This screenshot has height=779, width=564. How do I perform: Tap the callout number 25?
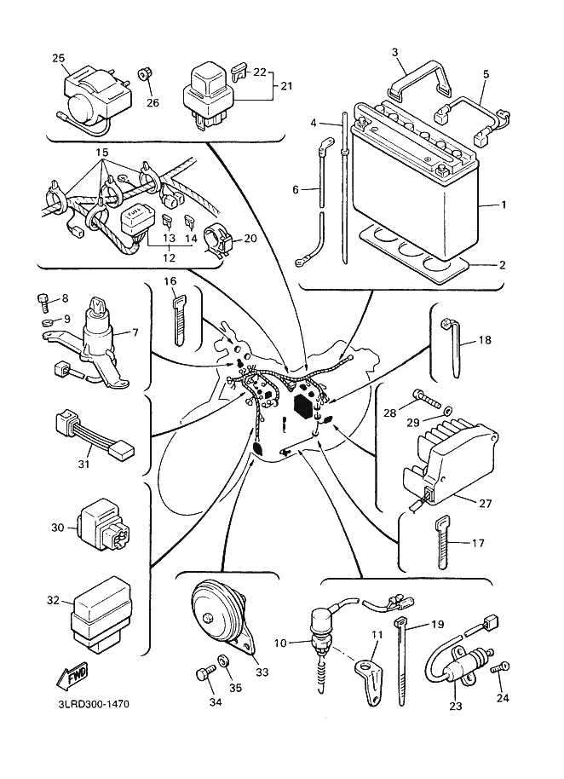pyautogui.click(x=58, y=58)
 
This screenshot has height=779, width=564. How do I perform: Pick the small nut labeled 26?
pyautogui.click(x=147, y=79)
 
